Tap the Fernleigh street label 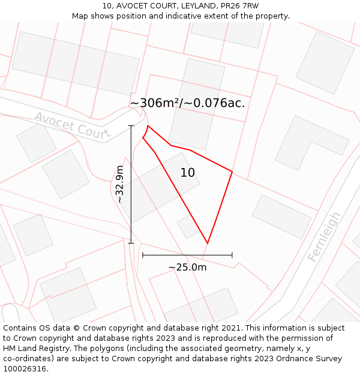click(324, 236)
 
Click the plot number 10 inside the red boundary click(188, 173)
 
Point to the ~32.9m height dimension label click(119, 184)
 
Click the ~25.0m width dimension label click(187, 267)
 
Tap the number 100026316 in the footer click(25, 369)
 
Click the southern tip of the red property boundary click(208, 243)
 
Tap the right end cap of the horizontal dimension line click(232, 255)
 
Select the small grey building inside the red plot click(188, 226)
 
